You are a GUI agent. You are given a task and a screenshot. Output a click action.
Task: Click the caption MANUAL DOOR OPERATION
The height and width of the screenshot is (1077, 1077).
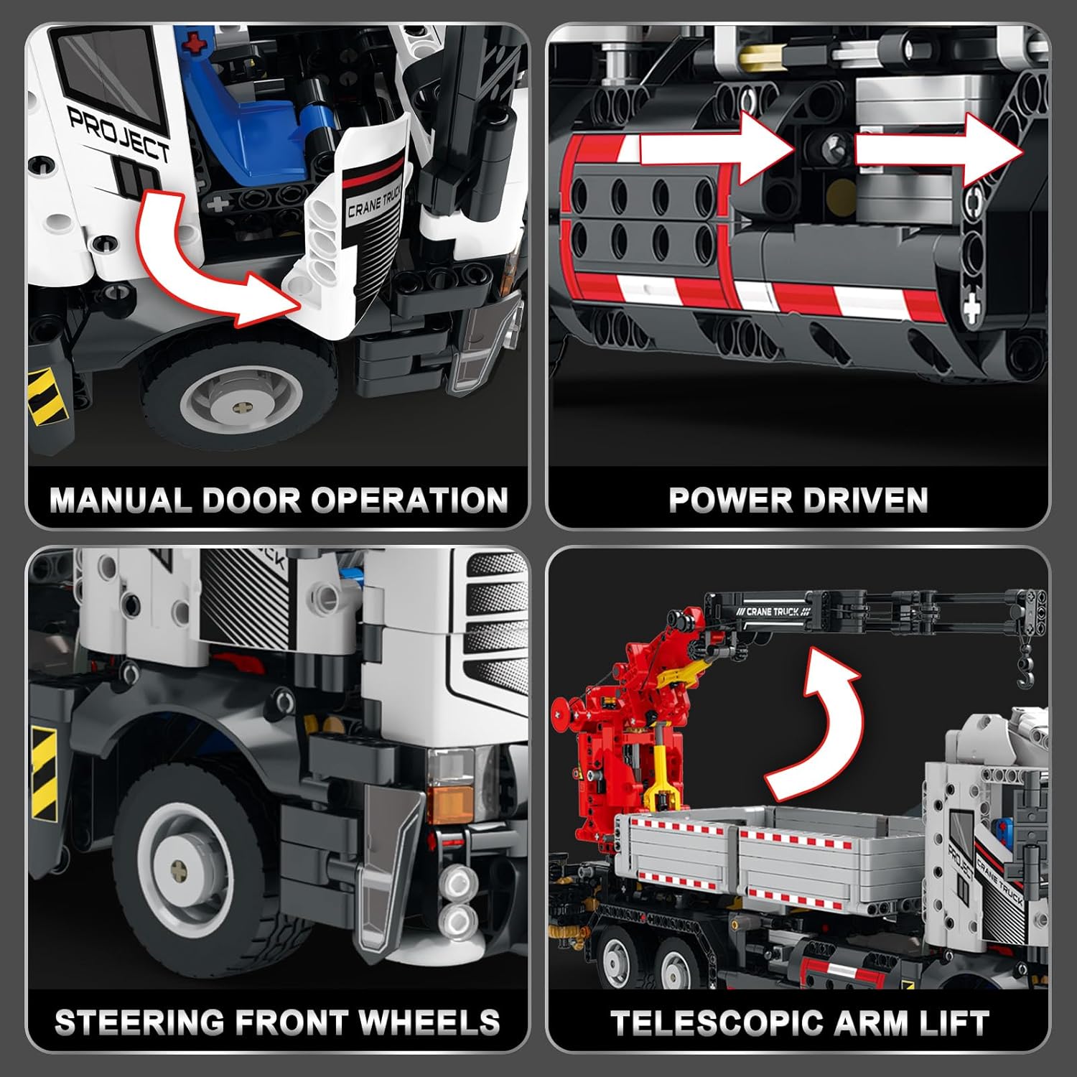[x=279, y=500]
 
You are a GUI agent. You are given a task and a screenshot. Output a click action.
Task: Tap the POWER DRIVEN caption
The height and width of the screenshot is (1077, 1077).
[x=798, y=500]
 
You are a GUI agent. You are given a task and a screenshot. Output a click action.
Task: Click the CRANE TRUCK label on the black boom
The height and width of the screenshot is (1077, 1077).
[x=772, y=612]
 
